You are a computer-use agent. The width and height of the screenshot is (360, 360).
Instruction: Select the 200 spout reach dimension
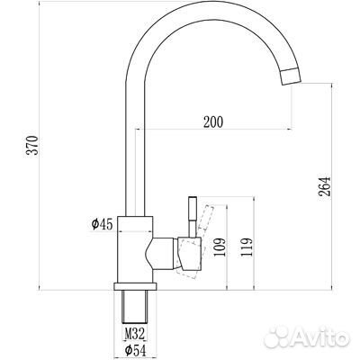tap(212, 120)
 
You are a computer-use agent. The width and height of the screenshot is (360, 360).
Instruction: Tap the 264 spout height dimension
tap(326, 185)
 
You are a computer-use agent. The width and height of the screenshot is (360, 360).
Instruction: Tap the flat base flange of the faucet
tap(137, 284)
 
